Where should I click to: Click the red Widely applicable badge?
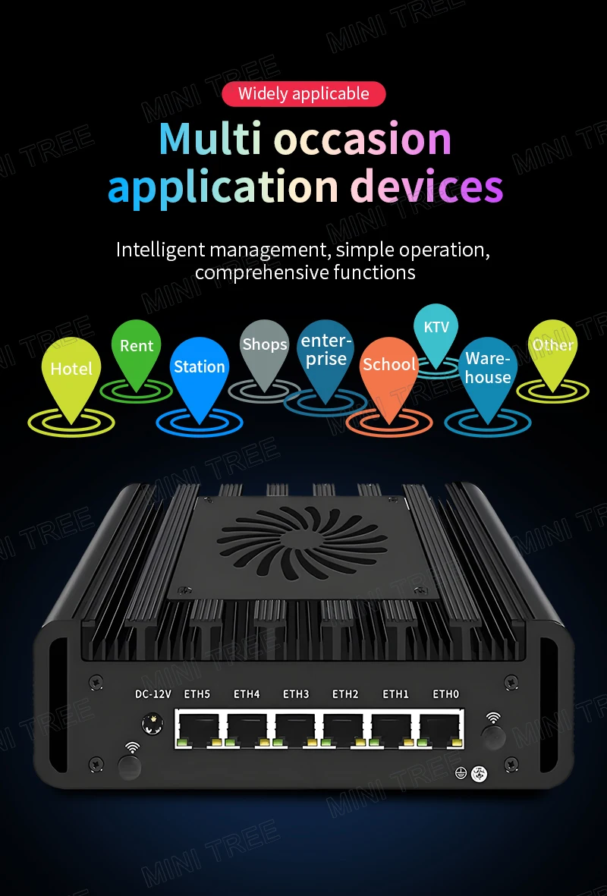click(x=303, y=94)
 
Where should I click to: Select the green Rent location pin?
click(x=137, y=350)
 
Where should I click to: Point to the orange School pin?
click(x=388, y=369)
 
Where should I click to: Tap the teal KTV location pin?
click(x=436, y=331)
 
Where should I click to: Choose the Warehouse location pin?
click(x=488, y=372)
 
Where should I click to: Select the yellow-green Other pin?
click(x=552, y=348)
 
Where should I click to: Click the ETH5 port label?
click(x=197, y=693)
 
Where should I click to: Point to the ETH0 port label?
click(x=445, y=693)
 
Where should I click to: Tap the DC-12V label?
click(x=153, y=693)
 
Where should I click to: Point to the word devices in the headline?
click(x=430, y=186)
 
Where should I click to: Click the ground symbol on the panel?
click(x=460, y=772)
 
